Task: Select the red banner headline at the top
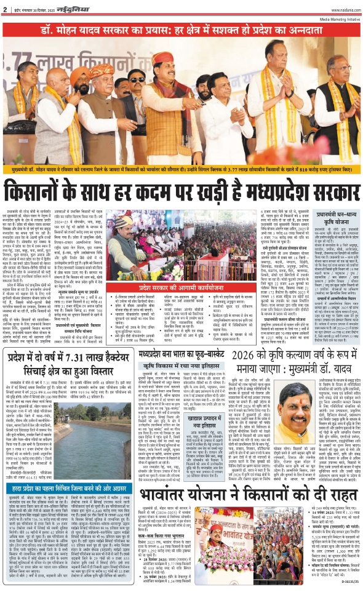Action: tap(181, 30)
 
